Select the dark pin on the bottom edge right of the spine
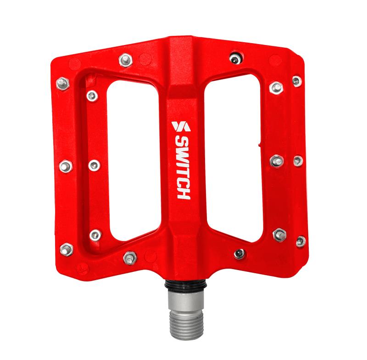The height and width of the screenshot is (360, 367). tap(239, 253)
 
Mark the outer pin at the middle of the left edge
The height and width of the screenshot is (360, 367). tap(65, 165)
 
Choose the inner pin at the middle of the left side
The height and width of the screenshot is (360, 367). tap(94, 165)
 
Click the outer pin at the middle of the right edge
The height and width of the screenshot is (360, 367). tap(298, 161)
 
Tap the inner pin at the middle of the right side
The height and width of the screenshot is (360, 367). tap(276, 160)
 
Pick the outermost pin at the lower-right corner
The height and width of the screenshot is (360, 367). tap(301, 241)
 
